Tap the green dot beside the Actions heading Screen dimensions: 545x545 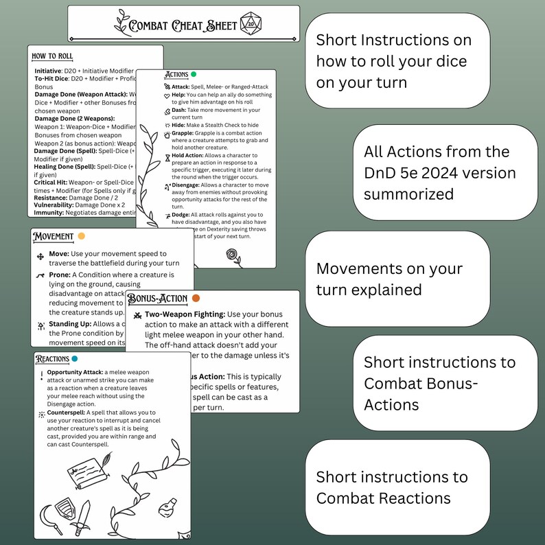click(194, 74)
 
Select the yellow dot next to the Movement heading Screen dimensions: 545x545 click(82, 237)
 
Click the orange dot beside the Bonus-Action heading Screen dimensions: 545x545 click(196, 299)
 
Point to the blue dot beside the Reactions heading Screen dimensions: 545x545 click(75, 358)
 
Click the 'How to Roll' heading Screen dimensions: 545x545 click(52, 56)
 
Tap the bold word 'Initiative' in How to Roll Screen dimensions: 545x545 click(49, 71)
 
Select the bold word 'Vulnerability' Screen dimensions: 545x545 click(54, 205)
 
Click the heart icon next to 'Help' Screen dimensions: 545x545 click(167, 95)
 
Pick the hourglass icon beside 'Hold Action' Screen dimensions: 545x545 click(167, 157)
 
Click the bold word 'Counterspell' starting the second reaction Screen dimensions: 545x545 click(67, 413)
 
